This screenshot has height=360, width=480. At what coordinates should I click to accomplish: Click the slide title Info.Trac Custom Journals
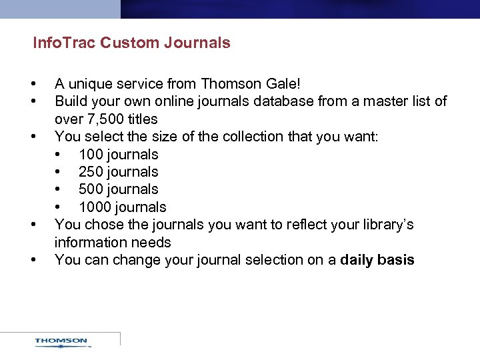(132, 43)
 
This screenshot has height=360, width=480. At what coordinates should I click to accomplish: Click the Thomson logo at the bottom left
(61, 342)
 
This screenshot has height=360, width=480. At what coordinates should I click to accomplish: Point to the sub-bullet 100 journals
(118, 155)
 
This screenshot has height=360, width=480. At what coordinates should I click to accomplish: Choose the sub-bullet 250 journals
(118, 172)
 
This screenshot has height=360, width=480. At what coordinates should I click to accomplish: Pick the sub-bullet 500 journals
(118, 189)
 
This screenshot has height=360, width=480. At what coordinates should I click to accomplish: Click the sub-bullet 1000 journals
(122, 207)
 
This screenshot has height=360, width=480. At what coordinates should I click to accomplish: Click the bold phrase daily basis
(377, 260)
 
